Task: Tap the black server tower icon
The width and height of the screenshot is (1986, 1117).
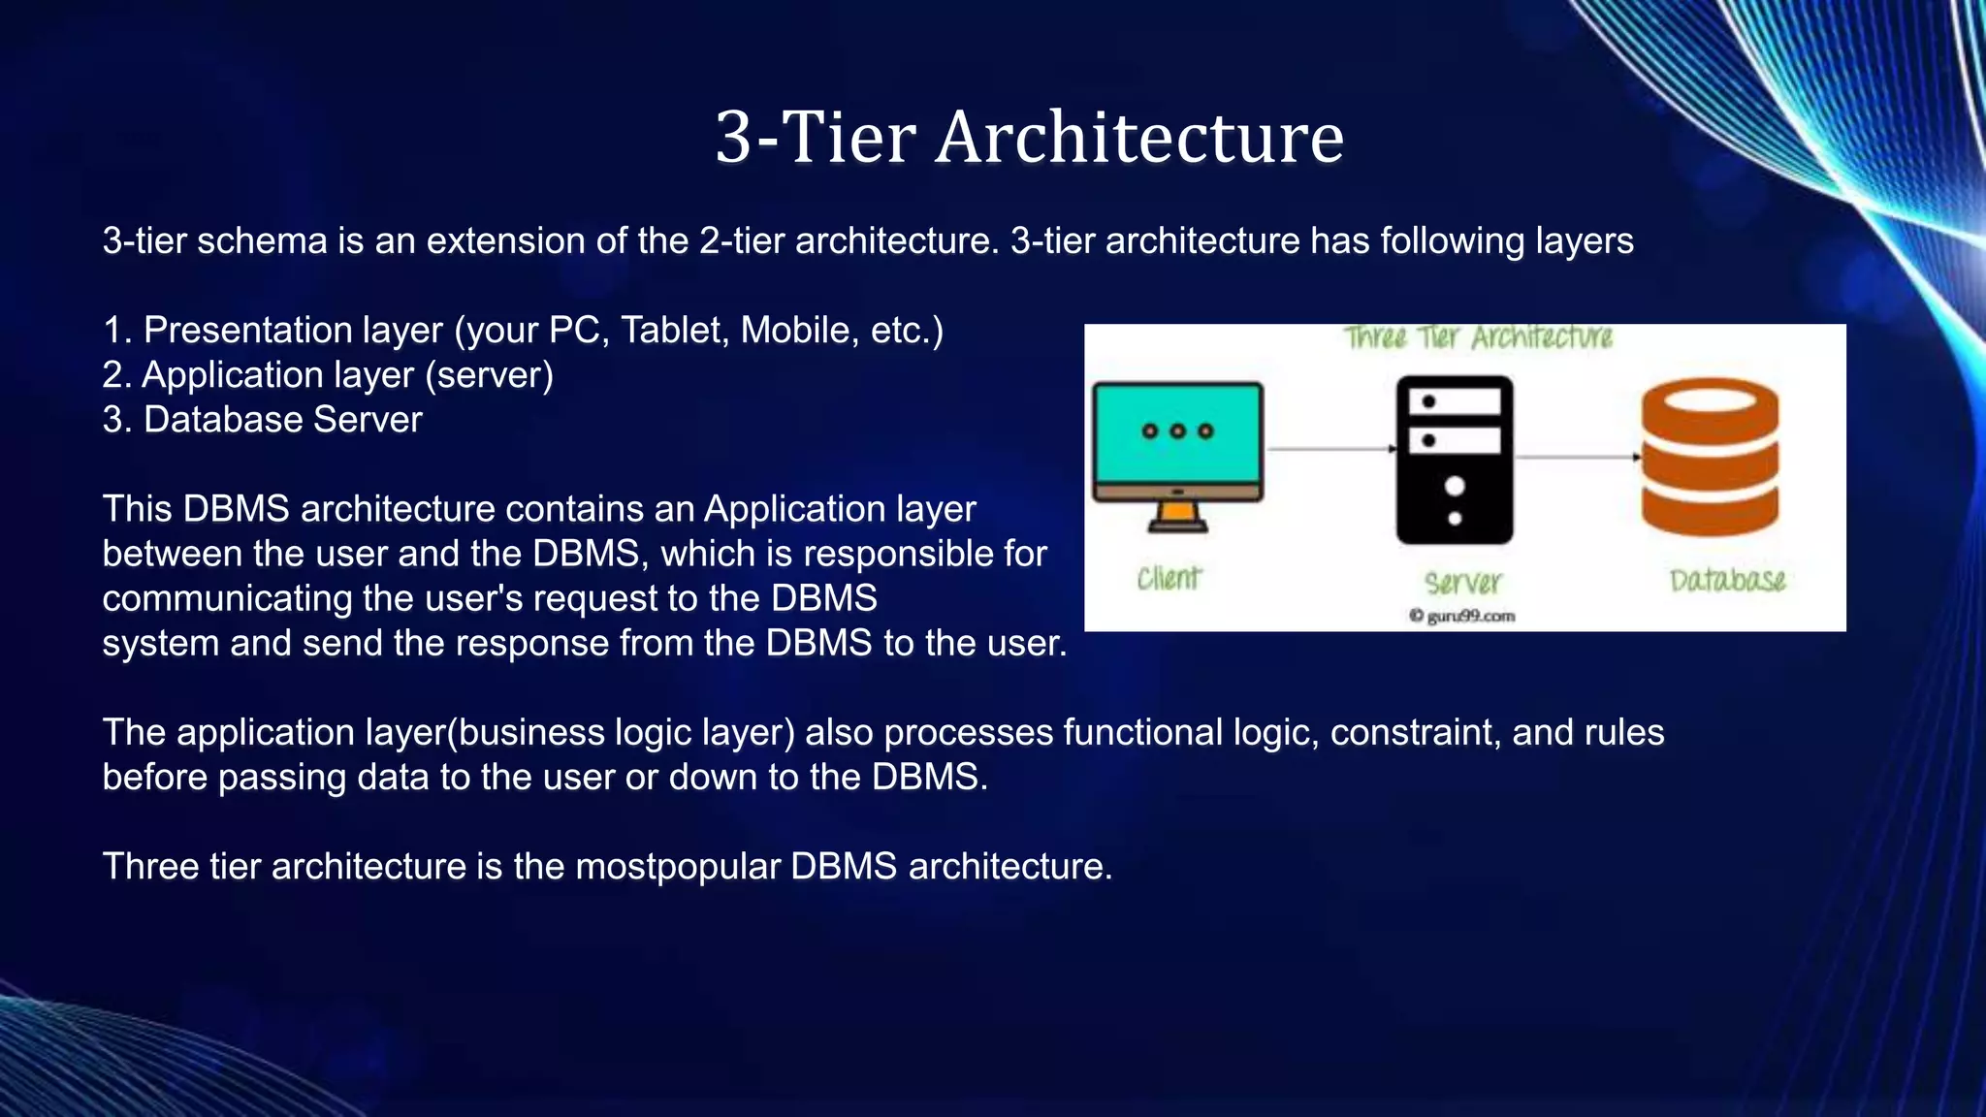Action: click(1454, 461)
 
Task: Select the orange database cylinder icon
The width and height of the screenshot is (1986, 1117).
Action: click(1710, 457)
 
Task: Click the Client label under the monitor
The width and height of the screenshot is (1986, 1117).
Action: click(1169, 579)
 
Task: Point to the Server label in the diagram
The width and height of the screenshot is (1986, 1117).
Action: click(1462, 583)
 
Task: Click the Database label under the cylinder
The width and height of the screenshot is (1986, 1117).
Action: click(1727, 580)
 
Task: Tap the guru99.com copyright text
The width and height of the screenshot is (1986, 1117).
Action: click(1461, 616)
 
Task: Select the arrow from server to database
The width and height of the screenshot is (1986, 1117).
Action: click(1577, 457)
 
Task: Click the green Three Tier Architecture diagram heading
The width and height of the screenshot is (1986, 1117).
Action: click(1477, 337)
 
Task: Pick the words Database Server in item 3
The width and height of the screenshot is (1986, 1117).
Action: click(282, 420)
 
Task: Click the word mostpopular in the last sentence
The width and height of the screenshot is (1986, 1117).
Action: click(678, 866)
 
